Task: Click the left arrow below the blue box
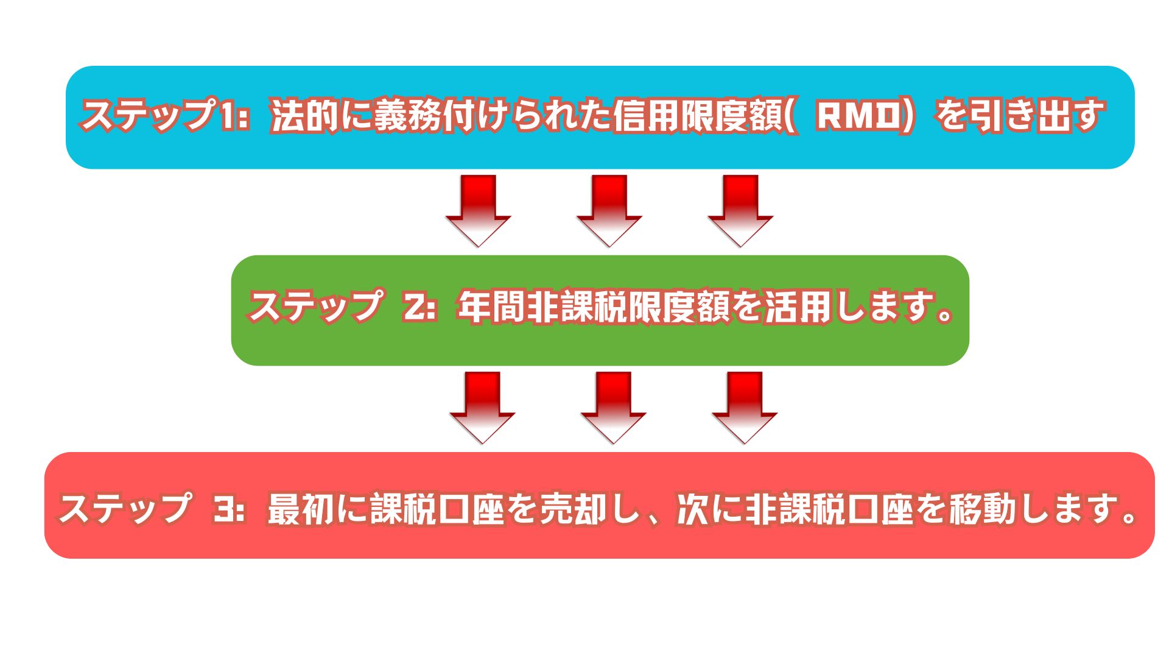tap(478, 210)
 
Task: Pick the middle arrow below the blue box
tap(609, 210)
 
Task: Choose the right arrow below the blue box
tap(740, 210)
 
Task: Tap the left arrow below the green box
tap(482, 407)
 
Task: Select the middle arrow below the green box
tap(613, 407)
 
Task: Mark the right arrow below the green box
tap(744, 407)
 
